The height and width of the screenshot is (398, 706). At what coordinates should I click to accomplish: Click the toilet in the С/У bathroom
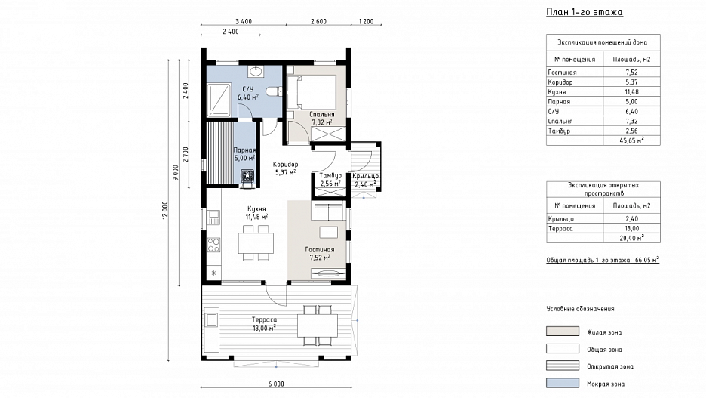click(x=273, y=91)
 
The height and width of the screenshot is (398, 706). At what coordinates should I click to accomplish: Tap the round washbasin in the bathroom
click(x=256, y=71)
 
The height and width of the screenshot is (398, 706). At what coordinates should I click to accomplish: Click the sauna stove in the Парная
click(x=247, y=176)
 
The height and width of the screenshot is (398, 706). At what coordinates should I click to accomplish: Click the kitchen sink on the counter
click(x=213, y=218)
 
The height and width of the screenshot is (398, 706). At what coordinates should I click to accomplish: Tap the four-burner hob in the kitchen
click(x=213, y=245)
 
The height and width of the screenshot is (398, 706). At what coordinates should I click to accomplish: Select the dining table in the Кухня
click(x=256, y=243)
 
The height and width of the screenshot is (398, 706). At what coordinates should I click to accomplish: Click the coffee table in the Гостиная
click(x=329, y=232)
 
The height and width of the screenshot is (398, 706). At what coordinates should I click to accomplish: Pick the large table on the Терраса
click(x=318, y=325)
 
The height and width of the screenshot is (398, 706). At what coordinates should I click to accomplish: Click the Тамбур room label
click(x=330, y=175)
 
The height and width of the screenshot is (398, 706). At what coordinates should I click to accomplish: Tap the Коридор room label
click(x=285, y=165)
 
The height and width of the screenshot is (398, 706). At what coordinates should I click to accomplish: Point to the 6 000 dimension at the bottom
click(x=276, y=384)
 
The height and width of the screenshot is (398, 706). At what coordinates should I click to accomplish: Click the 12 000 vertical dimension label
click(x=164, y=210)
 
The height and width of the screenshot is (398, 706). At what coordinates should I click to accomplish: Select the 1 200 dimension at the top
click(x=366, y=21)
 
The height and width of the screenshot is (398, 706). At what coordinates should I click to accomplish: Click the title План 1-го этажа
click(x=585, y=12)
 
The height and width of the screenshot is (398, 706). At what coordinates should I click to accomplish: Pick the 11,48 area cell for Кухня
click(x=632, y=91)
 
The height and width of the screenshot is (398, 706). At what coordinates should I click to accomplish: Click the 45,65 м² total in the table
click(x=632, y=140)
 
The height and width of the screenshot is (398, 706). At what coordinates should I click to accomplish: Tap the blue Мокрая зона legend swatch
click(x=563, y=383)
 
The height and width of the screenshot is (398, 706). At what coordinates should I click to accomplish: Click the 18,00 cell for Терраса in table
click(x=632, y=229)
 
